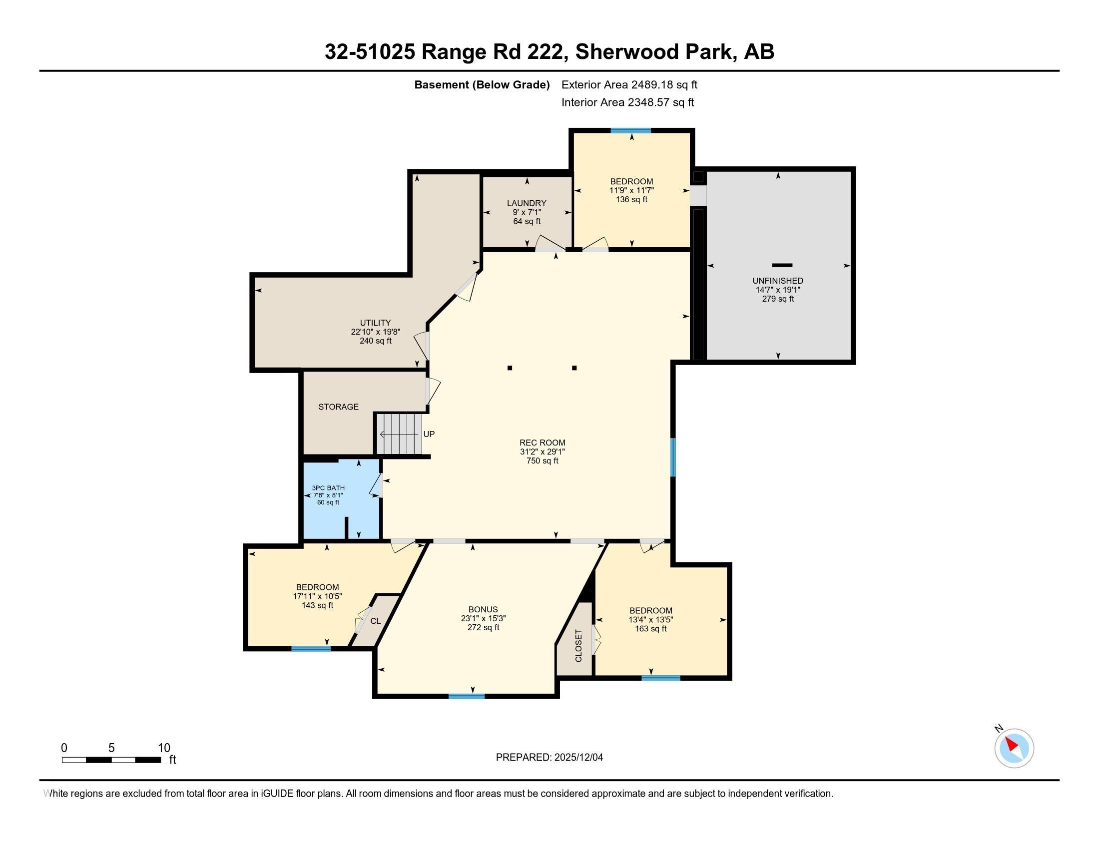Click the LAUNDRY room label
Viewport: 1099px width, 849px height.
coord(527,203)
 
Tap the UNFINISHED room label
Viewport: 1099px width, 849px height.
coord(777,281)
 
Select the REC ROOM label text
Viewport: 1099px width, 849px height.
coord(542,443)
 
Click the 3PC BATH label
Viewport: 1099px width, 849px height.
coord(328,488)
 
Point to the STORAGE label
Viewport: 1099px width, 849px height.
coord(338,407)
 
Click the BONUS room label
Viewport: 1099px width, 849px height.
coord(483,610)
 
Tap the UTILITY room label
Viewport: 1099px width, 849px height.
coord(375,323)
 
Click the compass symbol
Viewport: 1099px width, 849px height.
coord(1014,748)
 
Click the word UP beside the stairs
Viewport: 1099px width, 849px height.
coord(429,434)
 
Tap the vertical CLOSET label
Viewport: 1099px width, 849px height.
coord(578,646)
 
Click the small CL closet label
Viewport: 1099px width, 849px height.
coord(375,621)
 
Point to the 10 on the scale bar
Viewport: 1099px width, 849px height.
coord(164,748)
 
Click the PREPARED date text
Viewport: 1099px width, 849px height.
coord(549,758)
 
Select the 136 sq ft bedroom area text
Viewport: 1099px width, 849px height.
coord(631,200)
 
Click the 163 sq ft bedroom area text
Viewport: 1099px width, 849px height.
coord(650,629)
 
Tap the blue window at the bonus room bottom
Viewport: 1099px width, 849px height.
coord(467,696)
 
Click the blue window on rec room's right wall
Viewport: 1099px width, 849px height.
coord(673,456)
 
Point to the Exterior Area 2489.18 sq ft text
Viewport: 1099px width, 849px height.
coord(629,85)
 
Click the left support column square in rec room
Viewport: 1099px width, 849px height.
coord(510,368)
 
